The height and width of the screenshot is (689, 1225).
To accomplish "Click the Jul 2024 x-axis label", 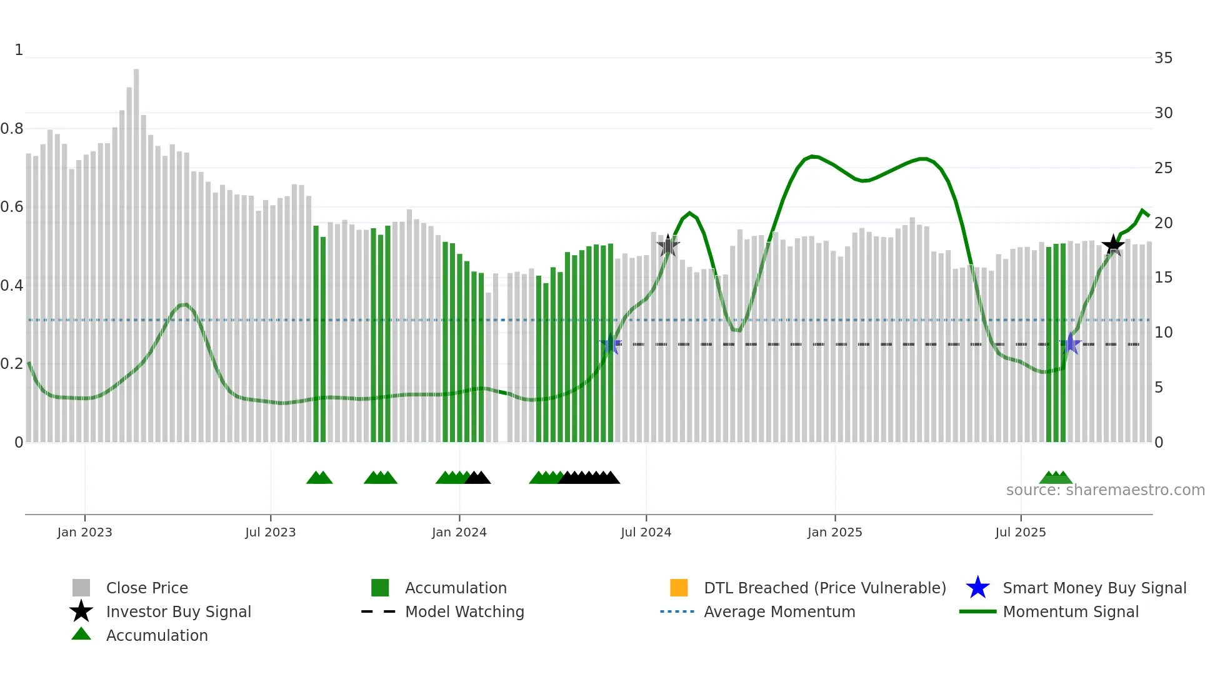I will click(646, 532).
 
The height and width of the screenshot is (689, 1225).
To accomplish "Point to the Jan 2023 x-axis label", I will click(84, 532).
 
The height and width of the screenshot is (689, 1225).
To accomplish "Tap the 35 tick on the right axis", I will click(1163, 58).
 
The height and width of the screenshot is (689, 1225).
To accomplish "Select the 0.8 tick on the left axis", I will click(12, 129).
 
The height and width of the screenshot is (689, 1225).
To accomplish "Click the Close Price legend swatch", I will click(81, 588).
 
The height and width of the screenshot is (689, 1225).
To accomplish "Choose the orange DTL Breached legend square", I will click(679, 588).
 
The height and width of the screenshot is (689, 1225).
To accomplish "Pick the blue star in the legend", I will click(977, 588).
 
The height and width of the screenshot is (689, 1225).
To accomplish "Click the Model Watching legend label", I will click(464, 611).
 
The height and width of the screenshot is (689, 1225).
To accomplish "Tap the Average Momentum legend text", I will click(779, 611).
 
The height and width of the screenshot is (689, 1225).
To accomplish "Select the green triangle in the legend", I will click(81, 634).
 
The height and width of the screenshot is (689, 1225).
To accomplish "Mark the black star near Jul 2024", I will click(668, 246).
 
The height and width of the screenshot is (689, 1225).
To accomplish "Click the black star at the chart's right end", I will click(1113, 245).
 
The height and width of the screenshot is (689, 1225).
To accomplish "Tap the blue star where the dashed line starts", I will click(611, 344).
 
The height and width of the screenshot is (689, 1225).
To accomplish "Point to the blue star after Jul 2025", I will click(1071, 344).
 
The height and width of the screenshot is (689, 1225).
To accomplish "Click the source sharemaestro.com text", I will click(1105, 490).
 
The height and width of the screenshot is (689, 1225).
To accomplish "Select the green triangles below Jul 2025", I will click(1056, 478).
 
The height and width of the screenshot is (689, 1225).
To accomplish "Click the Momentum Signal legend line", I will click(977, 611).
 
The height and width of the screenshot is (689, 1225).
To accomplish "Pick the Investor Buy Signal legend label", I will click(179, 611).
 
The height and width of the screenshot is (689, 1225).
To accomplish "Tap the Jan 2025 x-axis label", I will click(834, 532).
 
